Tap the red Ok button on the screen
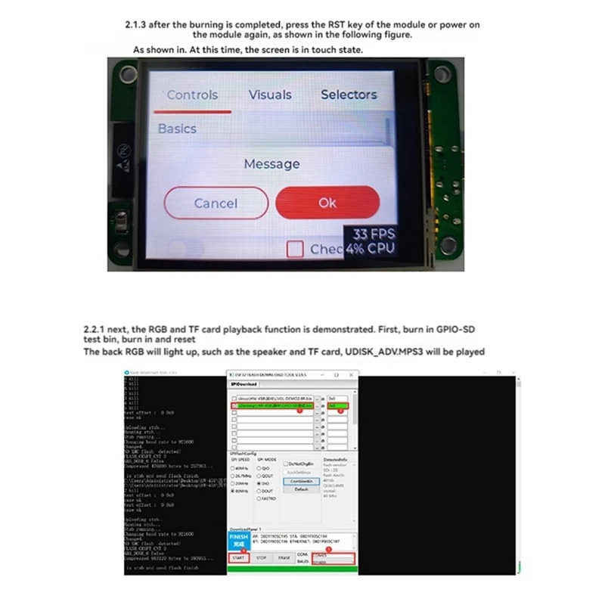tap(327, 203)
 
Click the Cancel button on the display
tap(216, 203)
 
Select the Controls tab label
tap(192, 95)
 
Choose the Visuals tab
tap(270, 95)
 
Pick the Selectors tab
tap(349, 95)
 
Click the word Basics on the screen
tap(177, 129)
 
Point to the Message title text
tap(271, 164)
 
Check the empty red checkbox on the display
tap(296, 249)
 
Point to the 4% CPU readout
tap(371, 248)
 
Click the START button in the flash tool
tap(237, 557)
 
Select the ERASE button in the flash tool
tap(284, 557)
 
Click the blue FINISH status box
tap(237, 540)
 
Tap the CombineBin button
tap(302, 481)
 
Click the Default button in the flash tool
tap(301, 489)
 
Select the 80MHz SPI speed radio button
tap(233, 491)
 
